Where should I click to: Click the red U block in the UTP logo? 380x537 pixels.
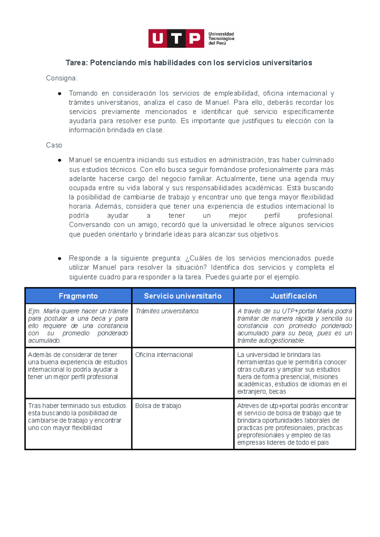(x=158, y=39)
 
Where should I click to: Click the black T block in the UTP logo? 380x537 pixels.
(x=176, y=39)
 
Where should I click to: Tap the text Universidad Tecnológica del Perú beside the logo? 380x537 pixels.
(x=221, y=39)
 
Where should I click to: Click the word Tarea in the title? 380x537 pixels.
(x=76, y=63)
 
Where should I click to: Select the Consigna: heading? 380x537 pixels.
(x=61, y=78)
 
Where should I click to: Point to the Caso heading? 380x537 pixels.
(x=54, y=145)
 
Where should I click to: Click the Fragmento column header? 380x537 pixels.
(x=78, y=296)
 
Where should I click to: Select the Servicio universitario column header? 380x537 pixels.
(x=183, y=296)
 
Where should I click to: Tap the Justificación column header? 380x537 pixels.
(x=293, y=296)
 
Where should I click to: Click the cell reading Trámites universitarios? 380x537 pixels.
(x=167, y=311)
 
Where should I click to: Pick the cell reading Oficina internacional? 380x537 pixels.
(x=164, y=355)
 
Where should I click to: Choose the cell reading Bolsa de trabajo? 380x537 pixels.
(x=158, y=406)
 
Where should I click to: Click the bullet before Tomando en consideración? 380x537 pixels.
(x=60, y=94)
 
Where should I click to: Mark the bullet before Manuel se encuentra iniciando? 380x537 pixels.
(x=60, y=160)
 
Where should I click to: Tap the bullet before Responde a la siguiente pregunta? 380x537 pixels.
(x=60, y=259)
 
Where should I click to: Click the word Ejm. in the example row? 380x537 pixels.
(x=34, y=311)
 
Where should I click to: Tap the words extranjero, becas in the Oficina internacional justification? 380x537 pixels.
(x=262, y=392)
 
